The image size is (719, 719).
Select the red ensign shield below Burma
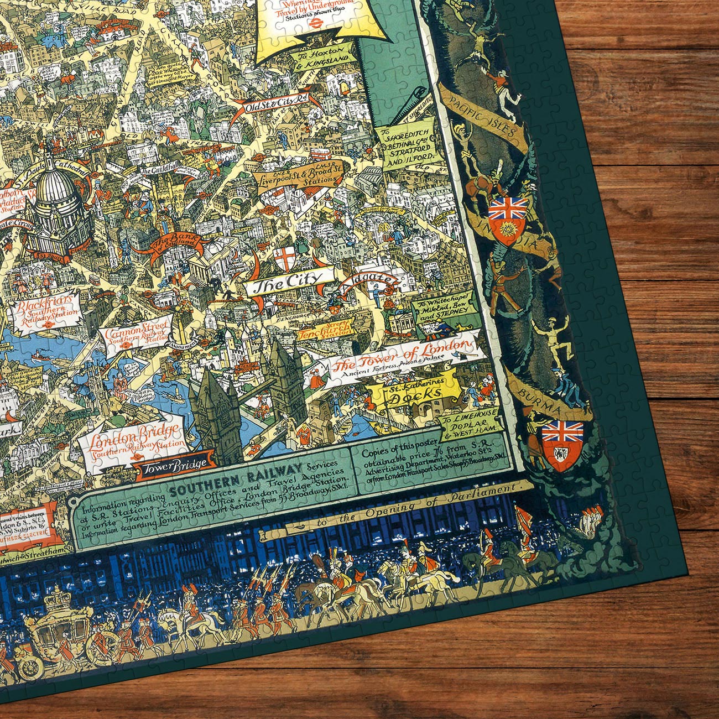[562, 442]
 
